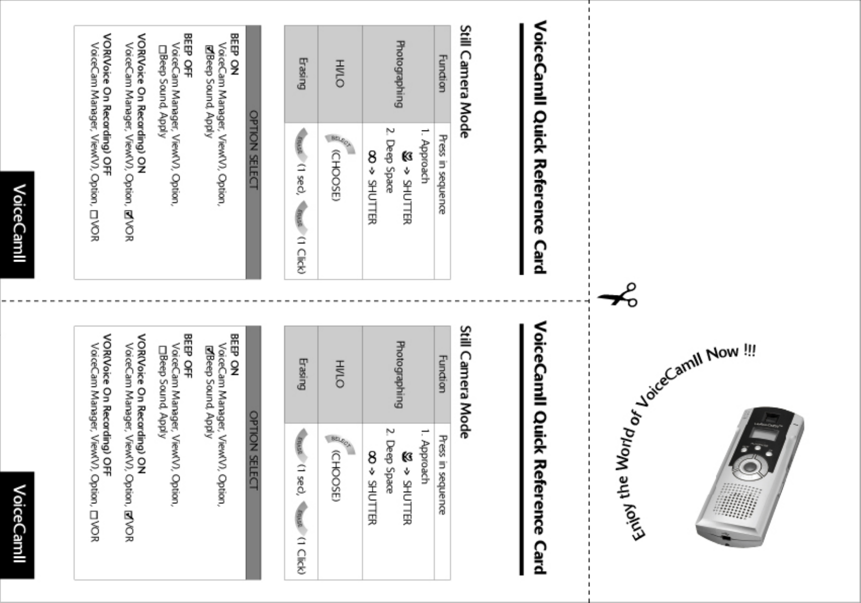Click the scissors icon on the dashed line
click(618, 295)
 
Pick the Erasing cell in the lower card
click(301, 374)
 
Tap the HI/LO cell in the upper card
click(340, 73)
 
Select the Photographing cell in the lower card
click(399, 374)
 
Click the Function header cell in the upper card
click(442, 73)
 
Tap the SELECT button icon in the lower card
click(340, 444)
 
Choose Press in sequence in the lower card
click(442, 475)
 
